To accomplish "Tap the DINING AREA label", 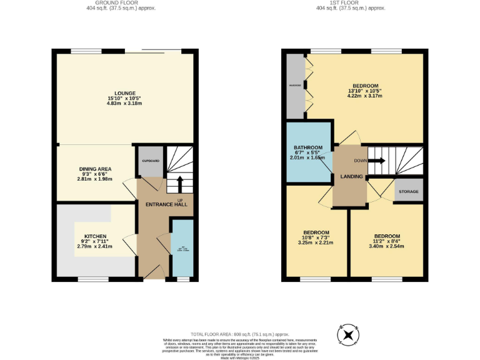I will (94, 169).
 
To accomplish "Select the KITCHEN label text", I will (94, 236).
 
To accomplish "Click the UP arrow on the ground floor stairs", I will (180, 184).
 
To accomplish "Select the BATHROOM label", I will (308, 147).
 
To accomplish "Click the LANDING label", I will (351, 177).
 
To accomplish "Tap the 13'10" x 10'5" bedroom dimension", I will (365, 91).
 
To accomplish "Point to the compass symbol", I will (348, 335).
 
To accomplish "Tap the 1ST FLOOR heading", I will (350, 2).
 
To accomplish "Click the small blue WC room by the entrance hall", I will (182, 248).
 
